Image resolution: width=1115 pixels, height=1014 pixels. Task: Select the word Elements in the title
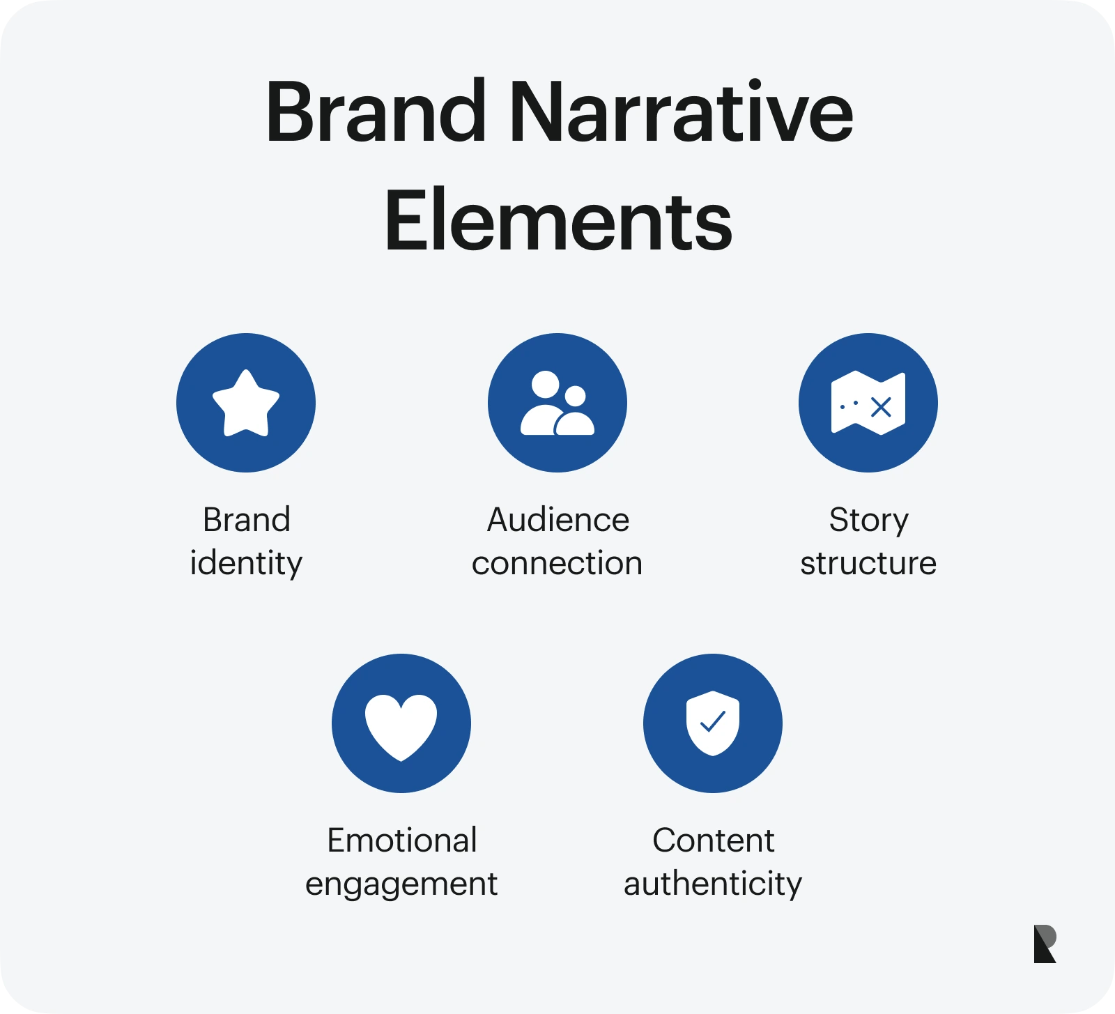tap(558, 222)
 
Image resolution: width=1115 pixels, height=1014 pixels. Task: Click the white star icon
tap(246, 404)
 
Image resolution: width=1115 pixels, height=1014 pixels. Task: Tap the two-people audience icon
tap(557, 404)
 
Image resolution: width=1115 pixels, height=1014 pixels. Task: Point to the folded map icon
tap(868, 404)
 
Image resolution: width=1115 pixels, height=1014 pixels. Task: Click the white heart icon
tap(401, 725)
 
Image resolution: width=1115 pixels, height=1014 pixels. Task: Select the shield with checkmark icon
tap(713, 723)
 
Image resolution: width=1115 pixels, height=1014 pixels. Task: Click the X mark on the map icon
tap(882, 407)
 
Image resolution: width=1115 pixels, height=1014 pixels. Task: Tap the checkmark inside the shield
tap(713, 721)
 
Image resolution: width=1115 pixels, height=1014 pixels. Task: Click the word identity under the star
tap(246, 563)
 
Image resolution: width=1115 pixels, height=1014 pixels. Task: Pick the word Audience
tap(557, 520)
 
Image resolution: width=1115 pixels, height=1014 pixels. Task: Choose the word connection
tap(557, 563)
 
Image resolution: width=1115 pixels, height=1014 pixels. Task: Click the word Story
tap(868, 520)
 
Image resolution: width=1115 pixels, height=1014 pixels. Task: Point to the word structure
tap(868, 563)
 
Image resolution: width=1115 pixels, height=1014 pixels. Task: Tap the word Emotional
tap(402, 840)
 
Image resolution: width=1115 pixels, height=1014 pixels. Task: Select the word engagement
tap(401, 884)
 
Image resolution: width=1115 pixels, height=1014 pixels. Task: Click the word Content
tap(713, 840)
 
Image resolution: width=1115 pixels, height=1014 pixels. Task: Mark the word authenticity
tap(713, 884)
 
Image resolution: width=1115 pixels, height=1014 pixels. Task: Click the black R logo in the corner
tap(1045, 944)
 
